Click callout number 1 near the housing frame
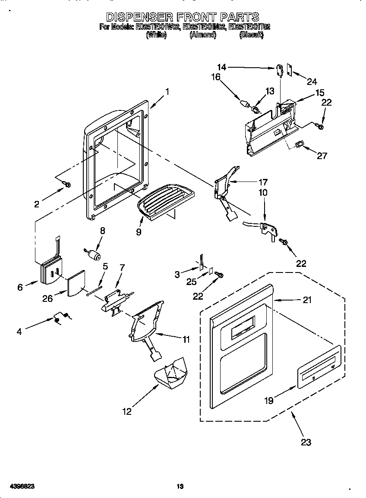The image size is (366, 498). tap(167, 91)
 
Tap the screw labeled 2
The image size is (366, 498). tap(67, 184)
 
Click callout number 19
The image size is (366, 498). tap(268, 401)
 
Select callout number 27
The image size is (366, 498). tap(322, 156)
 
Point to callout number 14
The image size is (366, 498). tap(221, 67)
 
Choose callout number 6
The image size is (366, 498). tap(20, 287)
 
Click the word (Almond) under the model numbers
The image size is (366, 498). tap(202, 35)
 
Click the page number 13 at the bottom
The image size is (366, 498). tap(180, 486)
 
